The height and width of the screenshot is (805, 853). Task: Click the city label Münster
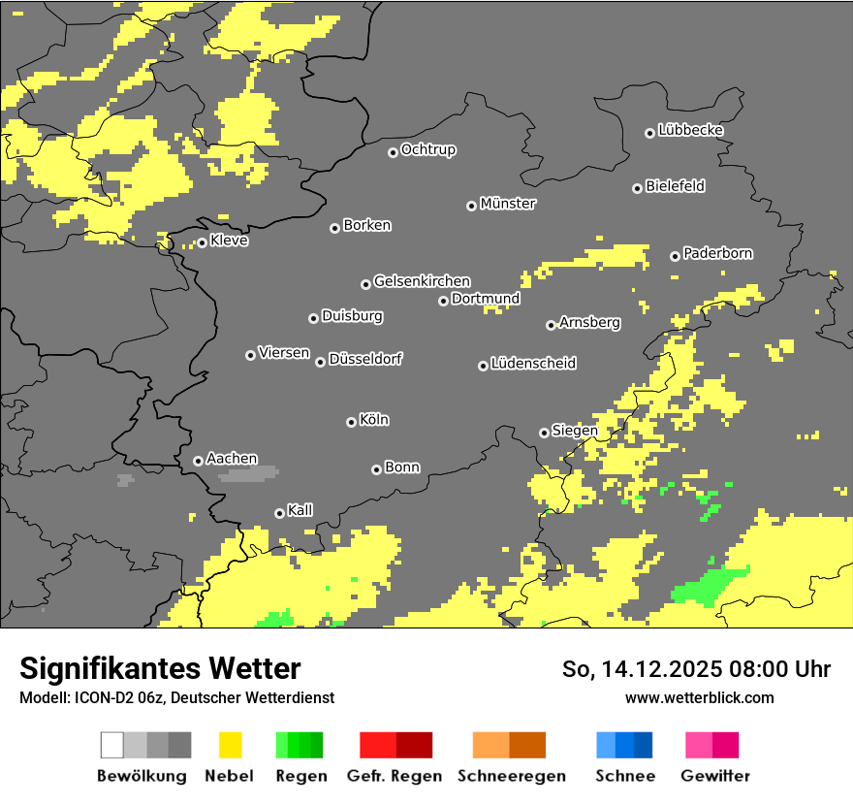pos(508,204)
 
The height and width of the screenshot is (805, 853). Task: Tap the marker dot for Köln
pos(351,422)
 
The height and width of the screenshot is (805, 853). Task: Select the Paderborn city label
pos(717,254)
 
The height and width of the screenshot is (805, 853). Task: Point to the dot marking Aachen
pos(198,461)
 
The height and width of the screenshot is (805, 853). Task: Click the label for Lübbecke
pos(690,130)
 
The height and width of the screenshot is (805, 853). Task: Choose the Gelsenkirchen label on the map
pos(422,281)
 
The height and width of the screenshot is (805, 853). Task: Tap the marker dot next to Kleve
pos(202,242)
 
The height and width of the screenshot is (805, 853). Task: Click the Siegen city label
pos(574,431)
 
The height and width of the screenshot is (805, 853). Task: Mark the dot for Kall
pos(279,513)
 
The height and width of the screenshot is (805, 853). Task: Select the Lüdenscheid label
pos(533,364)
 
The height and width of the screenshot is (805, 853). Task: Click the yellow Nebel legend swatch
pos(230,745)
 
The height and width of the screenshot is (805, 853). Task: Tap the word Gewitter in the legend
pos(714,776)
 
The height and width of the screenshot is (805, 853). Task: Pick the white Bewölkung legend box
pos(111,745)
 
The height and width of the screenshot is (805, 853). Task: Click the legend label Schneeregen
pos(511,776)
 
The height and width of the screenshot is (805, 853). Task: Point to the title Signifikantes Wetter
pos(160,668)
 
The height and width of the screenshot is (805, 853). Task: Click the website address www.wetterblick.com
pos(699,697)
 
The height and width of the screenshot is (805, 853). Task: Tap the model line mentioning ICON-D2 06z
pos(176,697)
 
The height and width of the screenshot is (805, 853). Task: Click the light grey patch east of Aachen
pos(248,473)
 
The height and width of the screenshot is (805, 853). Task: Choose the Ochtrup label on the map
pos(427,150)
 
